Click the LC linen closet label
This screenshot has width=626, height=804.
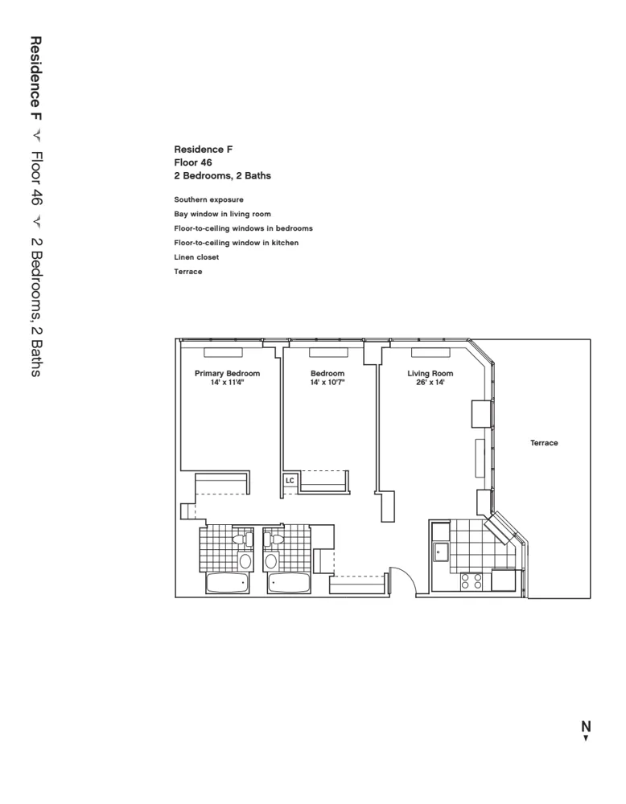click(x=290, y=480)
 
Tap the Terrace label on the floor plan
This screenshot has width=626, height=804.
click(x=544, y=443)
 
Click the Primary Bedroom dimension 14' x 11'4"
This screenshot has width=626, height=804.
click(x=227, y=384)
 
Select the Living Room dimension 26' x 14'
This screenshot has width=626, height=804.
click(x=430, y=384)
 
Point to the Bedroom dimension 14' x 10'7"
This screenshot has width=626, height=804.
click(x=327, y=384)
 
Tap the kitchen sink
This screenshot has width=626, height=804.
click(x=440, y=552)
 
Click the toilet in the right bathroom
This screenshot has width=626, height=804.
click(x=277, y=539)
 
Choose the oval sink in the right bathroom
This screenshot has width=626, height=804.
click(x=271, y=560)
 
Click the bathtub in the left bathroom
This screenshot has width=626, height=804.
click(x=227, y=583)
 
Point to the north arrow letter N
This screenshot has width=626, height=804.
click(x=587, y=726)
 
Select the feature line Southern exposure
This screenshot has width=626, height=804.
click(x=208, y=199)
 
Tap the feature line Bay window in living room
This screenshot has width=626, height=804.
click(x=222, y=214)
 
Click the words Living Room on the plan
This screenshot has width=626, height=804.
click(x=430, y=373)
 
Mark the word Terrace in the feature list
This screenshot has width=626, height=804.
click(x=187, y=272)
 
